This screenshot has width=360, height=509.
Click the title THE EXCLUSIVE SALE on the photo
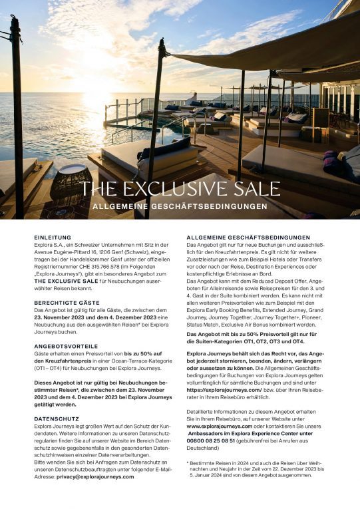(180, 188)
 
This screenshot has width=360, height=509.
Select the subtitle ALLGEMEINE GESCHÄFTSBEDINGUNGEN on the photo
(180, 206)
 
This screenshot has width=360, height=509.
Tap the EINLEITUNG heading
(53, 237)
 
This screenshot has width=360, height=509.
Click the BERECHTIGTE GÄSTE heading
(65, 301)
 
